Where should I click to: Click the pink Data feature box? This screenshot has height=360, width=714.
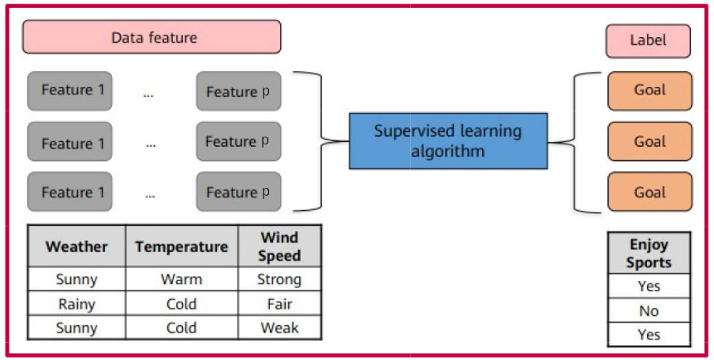[x=151, y=37]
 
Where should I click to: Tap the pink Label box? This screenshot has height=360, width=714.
[x=648, y=40]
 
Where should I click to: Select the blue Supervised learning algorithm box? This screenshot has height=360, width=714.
[x=448, y=141]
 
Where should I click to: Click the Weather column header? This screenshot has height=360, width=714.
[x=77, y=246]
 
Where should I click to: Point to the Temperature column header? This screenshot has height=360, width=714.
[x=181, y=246]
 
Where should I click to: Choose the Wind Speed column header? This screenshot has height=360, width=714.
[x=279, y=246]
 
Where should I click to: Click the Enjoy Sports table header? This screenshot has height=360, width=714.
[x=649, y=254]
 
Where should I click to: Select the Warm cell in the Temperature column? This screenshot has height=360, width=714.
[x=181, y=279]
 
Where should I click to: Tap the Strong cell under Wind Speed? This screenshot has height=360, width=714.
[x=279, y=279]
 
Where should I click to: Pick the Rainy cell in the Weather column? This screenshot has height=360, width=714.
[x=77, y=303]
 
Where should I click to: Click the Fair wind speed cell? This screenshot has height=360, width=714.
[x=279, y=303]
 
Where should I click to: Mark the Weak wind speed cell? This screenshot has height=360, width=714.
[x=279, y=328]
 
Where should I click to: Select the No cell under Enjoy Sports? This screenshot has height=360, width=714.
[x=649, y=311]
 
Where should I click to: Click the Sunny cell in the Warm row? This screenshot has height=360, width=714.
[x=77, y=279]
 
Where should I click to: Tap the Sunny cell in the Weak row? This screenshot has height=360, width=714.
[x=77, y=328]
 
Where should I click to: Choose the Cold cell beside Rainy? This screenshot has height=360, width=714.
[x=181, y=303]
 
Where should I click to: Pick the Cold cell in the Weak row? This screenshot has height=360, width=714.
[x=181, y=328]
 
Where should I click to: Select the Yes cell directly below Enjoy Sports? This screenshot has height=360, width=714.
[x=649, y=287]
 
